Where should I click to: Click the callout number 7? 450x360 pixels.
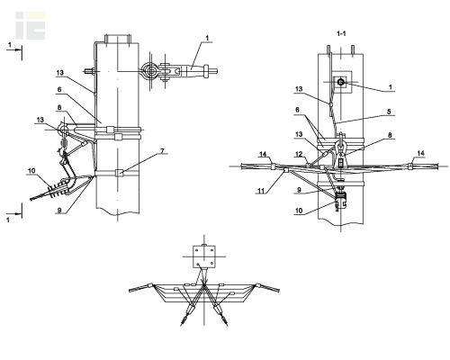(x=163, y=150)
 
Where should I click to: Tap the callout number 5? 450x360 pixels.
(x=389, y=112)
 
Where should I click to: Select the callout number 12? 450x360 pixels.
(x=299, y=154)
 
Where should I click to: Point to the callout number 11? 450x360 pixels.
(x=262, y=191)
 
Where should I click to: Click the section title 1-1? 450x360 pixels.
(x=341, y=33)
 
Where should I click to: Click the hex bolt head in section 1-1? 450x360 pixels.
(x=340, y=82)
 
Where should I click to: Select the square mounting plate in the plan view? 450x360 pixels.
(x=204, y=256)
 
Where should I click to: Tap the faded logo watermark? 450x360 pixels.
(x=31, y=26)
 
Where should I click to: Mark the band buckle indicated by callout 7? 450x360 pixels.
(x=120, y=173)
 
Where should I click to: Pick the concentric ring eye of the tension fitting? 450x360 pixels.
(x=149, y=71)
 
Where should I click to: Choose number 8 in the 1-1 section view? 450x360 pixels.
(x=390, y=135)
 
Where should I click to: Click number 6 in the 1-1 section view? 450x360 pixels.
(x=297, y=110)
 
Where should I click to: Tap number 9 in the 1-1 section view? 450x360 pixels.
(x=299, y=190)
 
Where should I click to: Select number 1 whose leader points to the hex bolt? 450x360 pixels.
(x=391, y=87)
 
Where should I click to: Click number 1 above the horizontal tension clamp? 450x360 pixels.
(x=207, y=38)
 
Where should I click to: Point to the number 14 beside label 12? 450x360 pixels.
(x=263, y=154)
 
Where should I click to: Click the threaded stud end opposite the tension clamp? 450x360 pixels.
(x=87, y=71)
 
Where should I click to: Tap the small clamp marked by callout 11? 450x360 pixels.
(x=285, y=171)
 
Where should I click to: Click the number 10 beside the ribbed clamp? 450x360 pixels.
(x=31, y=171)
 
